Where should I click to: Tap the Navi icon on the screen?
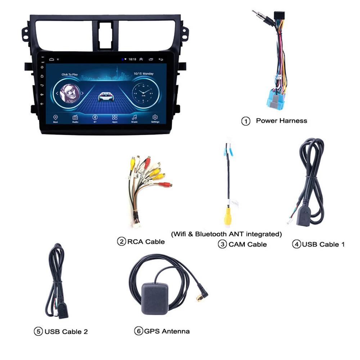[55, 118]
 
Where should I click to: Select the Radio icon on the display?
[75, 118]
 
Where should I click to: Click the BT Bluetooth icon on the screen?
[95, 118]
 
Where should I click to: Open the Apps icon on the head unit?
[115, 118]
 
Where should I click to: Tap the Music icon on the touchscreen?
[135, 118]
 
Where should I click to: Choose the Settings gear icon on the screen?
[155, 118]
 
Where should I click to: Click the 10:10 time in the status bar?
[132, 59]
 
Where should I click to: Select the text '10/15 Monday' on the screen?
[143, 74]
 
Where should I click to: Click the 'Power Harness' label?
[282, 121]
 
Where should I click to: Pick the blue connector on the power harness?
[275, 101]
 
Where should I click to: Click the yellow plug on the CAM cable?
[228, 217]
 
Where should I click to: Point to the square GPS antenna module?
[155, 296]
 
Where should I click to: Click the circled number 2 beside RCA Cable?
[122, 242]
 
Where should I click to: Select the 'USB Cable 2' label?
[66, 332]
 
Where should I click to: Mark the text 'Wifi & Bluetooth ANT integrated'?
[226, 234]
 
